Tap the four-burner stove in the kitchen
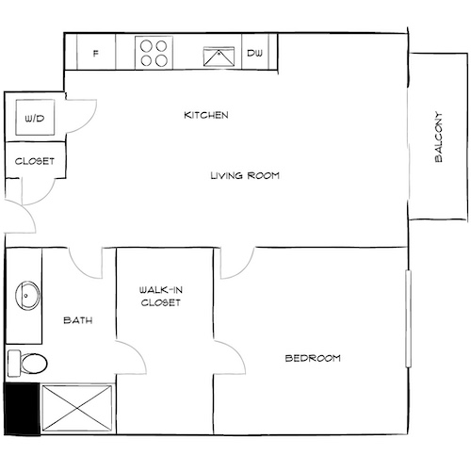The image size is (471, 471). point(154,53)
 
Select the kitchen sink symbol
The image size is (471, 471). point(221,54)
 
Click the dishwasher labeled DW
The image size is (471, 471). point(255,54)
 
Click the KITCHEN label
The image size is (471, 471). point(206,115)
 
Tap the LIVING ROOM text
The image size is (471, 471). point(245,175)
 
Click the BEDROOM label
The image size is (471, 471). point(313,359)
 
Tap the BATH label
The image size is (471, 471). point(77,320)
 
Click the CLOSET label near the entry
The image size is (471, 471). point(35,161)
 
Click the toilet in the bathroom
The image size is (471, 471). point(28,363)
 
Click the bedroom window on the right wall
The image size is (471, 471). point(408,320)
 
